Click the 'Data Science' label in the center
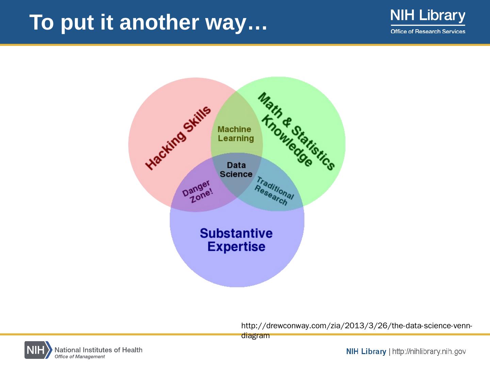[x=236, y=170]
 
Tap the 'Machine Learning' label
[x=235, y=134]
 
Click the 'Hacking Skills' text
[x=178, y=138]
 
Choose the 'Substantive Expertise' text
[x=236, y=240]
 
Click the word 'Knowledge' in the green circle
[x=287, y=140]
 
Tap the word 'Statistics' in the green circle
[x=314, y=148]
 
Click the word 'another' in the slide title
[x=159, y=22]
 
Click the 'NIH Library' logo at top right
[x=428, y=16]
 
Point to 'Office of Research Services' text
[x=428, y=32]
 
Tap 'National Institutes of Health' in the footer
[x=98, y=350]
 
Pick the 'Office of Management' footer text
[x=80, y=357]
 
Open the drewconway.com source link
[x=356, y=326]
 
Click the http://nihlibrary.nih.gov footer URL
[x=429, y=351]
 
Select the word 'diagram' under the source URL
[x=255, y=336]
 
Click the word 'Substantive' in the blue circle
[x=236, y=233]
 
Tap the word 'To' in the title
[x=42, y=22]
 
